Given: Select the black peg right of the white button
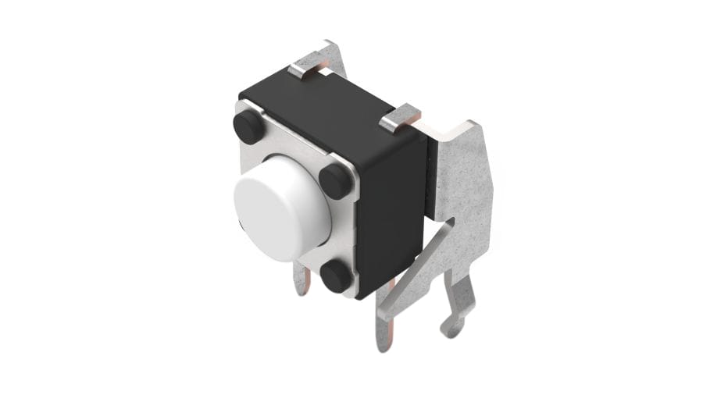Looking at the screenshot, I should click(336, 181).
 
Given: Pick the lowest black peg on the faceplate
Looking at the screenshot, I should click(337, 276).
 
